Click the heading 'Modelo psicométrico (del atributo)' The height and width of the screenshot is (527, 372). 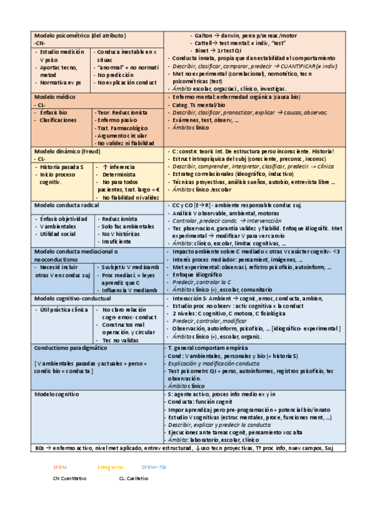(x=80, y=35)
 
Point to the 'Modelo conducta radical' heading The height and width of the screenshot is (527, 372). (x=66, y=205)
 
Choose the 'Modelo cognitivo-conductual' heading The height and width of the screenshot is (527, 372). (x=73, y=299)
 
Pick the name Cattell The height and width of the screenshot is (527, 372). (x=206, y=43)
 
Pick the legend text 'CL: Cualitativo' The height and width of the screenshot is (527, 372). (x=134, y=479)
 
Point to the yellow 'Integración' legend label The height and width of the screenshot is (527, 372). (x=111, y=467)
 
